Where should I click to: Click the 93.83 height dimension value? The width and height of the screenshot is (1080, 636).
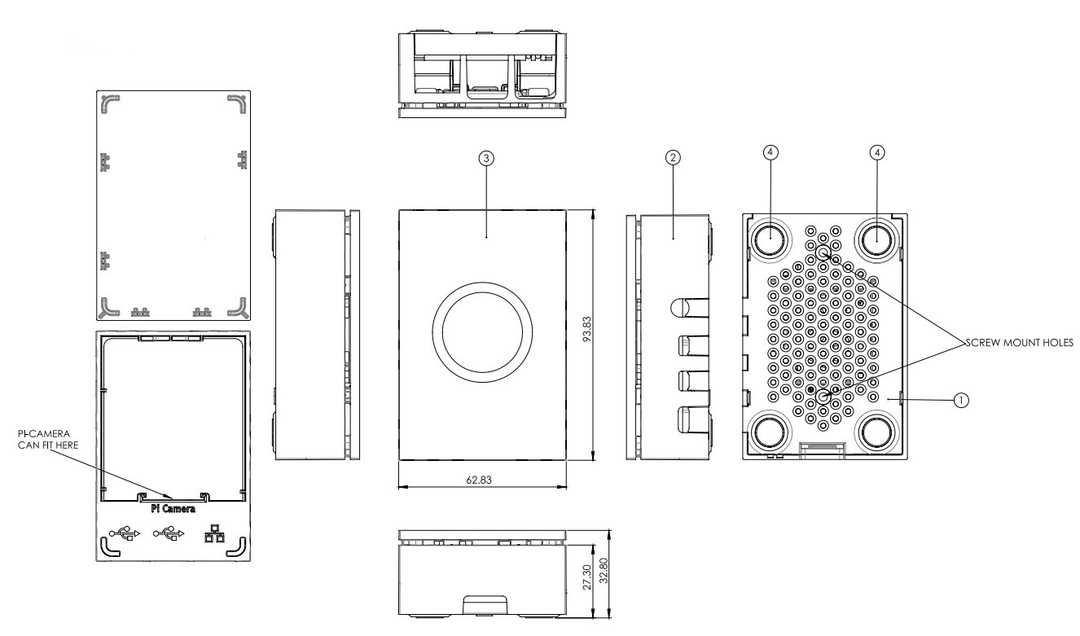tap(604, 336)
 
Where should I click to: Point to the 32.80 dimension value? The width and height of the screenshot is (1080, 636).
tap(603, 574)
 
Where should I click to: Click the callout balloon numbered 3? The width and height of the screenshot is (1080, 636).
tap(486, 159)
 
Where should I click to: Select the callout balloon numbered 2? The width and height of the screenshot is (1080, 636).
tap(673, 159)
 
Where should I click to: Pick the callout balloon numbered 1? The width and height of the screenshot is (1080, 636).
tap(962, 400)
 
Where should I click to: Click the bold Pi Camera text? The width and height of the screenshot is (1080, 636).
tap(173, 510)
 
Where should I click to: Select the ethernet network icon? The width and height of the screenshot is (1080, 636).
tap(215, 533)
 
